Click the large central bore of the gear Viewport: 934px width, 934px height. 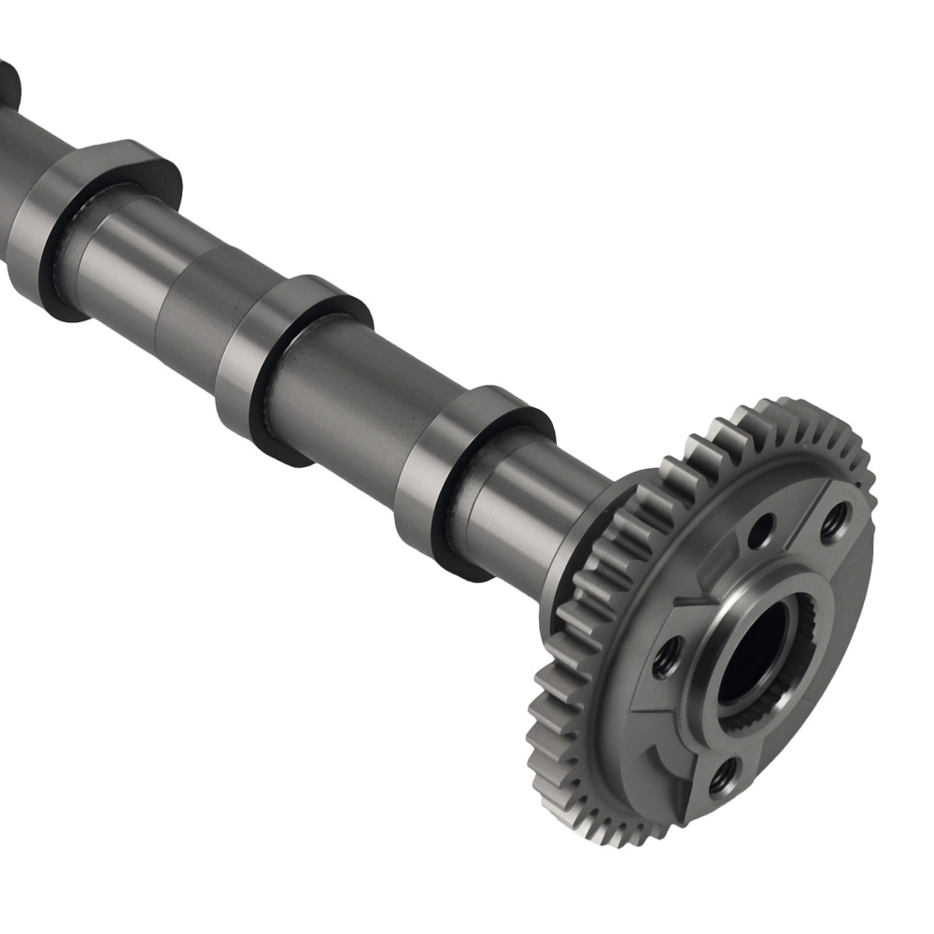[x=753, y=654]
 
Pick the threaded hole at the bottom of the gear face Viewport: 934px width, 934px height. [x=722, y=776]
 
